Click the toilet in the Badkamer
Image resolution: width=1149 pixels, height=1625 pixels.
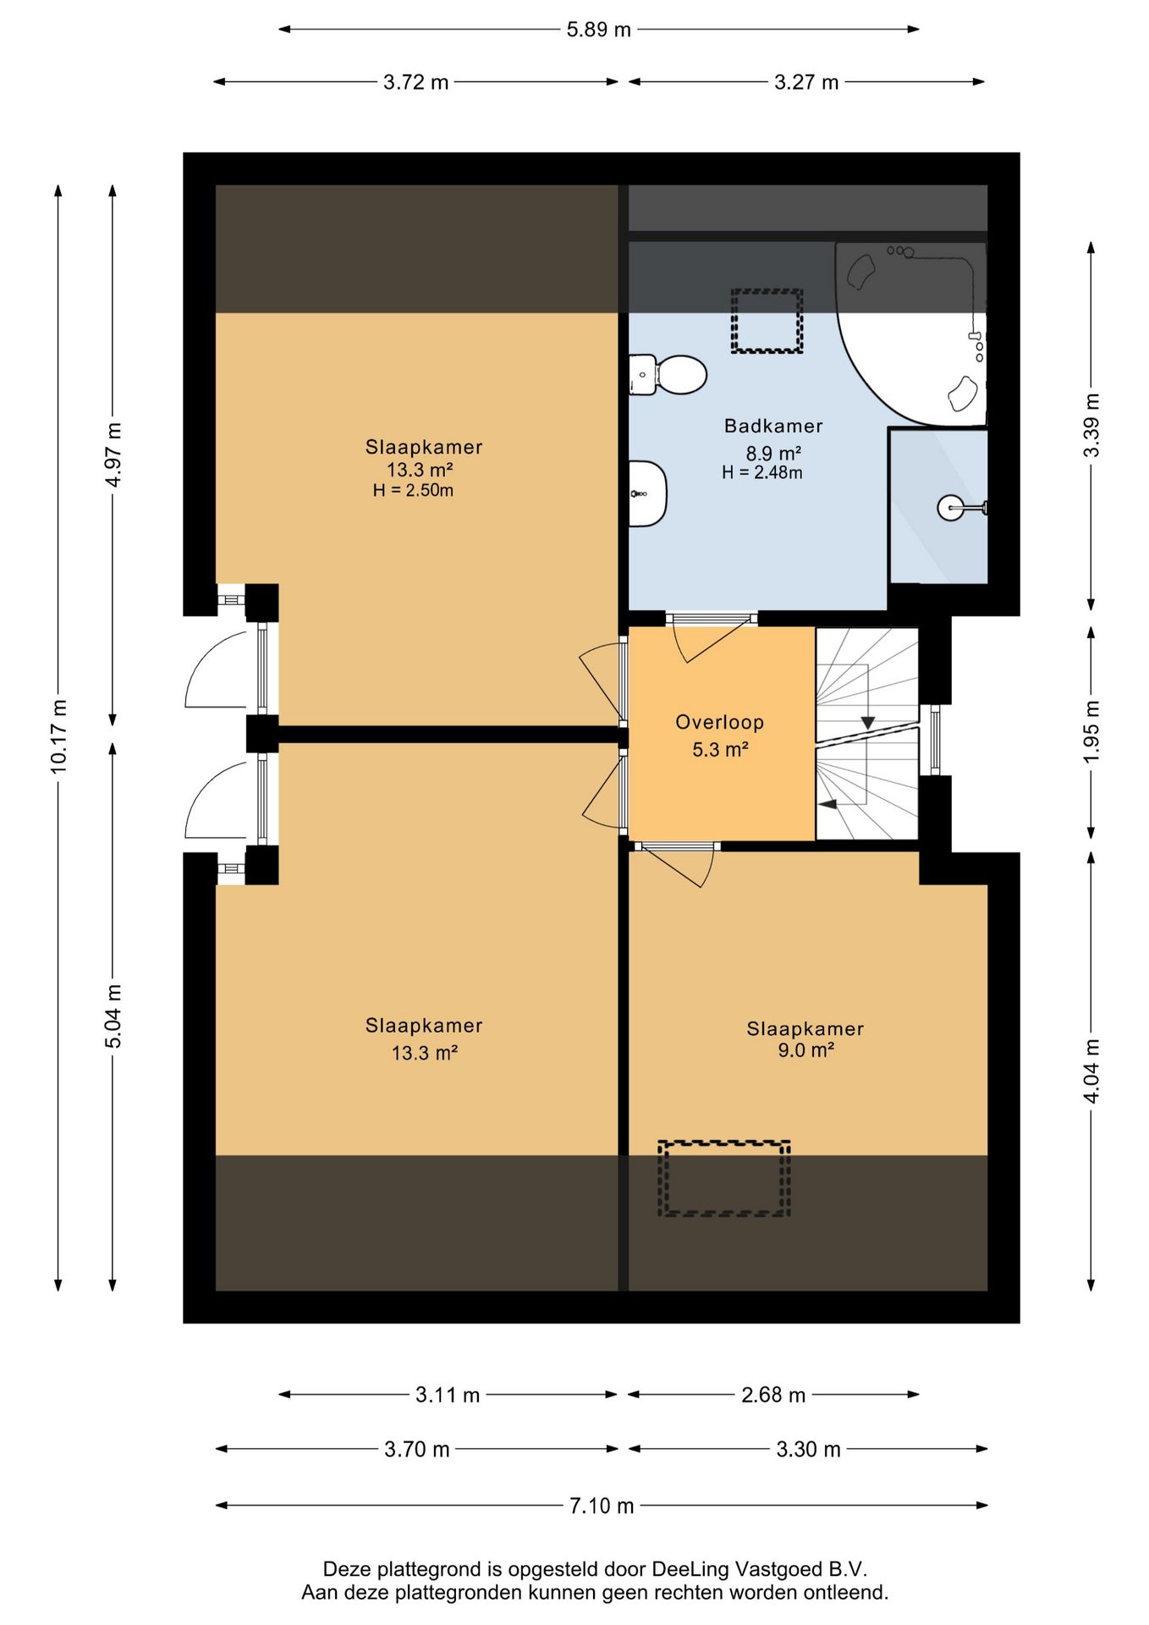pyautogui.click(x=668, y=375)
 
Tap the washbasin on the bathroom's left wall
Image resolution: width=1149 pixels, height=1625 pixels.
pyautogui.click(x=647, y=493)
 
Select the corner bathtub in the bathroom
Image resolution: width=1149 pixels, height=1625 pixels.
pyautogui.click(x=911, y=333)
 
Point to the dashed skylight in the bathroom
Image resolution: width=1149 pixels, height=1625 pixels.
pyautogui.click(x=767, y=321)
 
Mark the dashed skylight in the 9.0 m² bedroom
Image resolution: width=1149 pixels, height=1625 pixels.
pyautogui.click(x=724, y=1178)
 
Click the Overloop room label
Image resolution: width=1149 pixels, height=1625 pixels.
pyautogui.click(x=719, y=722)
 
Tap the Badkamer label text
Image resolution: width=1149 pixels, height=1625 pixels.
pyautogui.click(x=773, y=426)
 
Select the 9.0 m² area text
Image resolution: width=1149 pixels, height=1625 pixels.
pyautogui.click(x=806, y=1050)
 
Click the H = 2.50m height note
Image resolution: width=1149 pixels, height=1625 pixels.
pyautogui.click(x=413, y=490)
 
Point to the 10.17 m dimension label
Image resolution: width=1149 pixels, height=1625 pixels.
pyautogui.click(x=58, y=736)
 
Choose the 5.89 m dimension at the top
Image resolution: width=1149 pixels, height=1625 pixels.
pyautogui.click(x=599, y=30)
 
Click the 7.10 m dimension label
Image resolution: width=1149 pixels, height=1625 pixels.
pyautogui.click(x=602, y=1506)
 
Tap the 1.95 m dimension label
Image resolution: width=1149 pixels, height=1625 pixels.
pyautogui.click(x=1091, y=732)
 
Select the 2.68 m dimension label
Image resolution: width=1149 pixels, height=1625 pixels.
pyautogui.click(x=773, y=1394)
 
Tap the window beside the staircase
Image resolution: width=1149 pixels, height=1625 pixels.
pyautogui.click(x=935, y=740)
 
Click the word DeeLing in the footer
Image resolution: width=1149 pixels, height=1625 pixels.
pyautogui.click(x=690, y=1569)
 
